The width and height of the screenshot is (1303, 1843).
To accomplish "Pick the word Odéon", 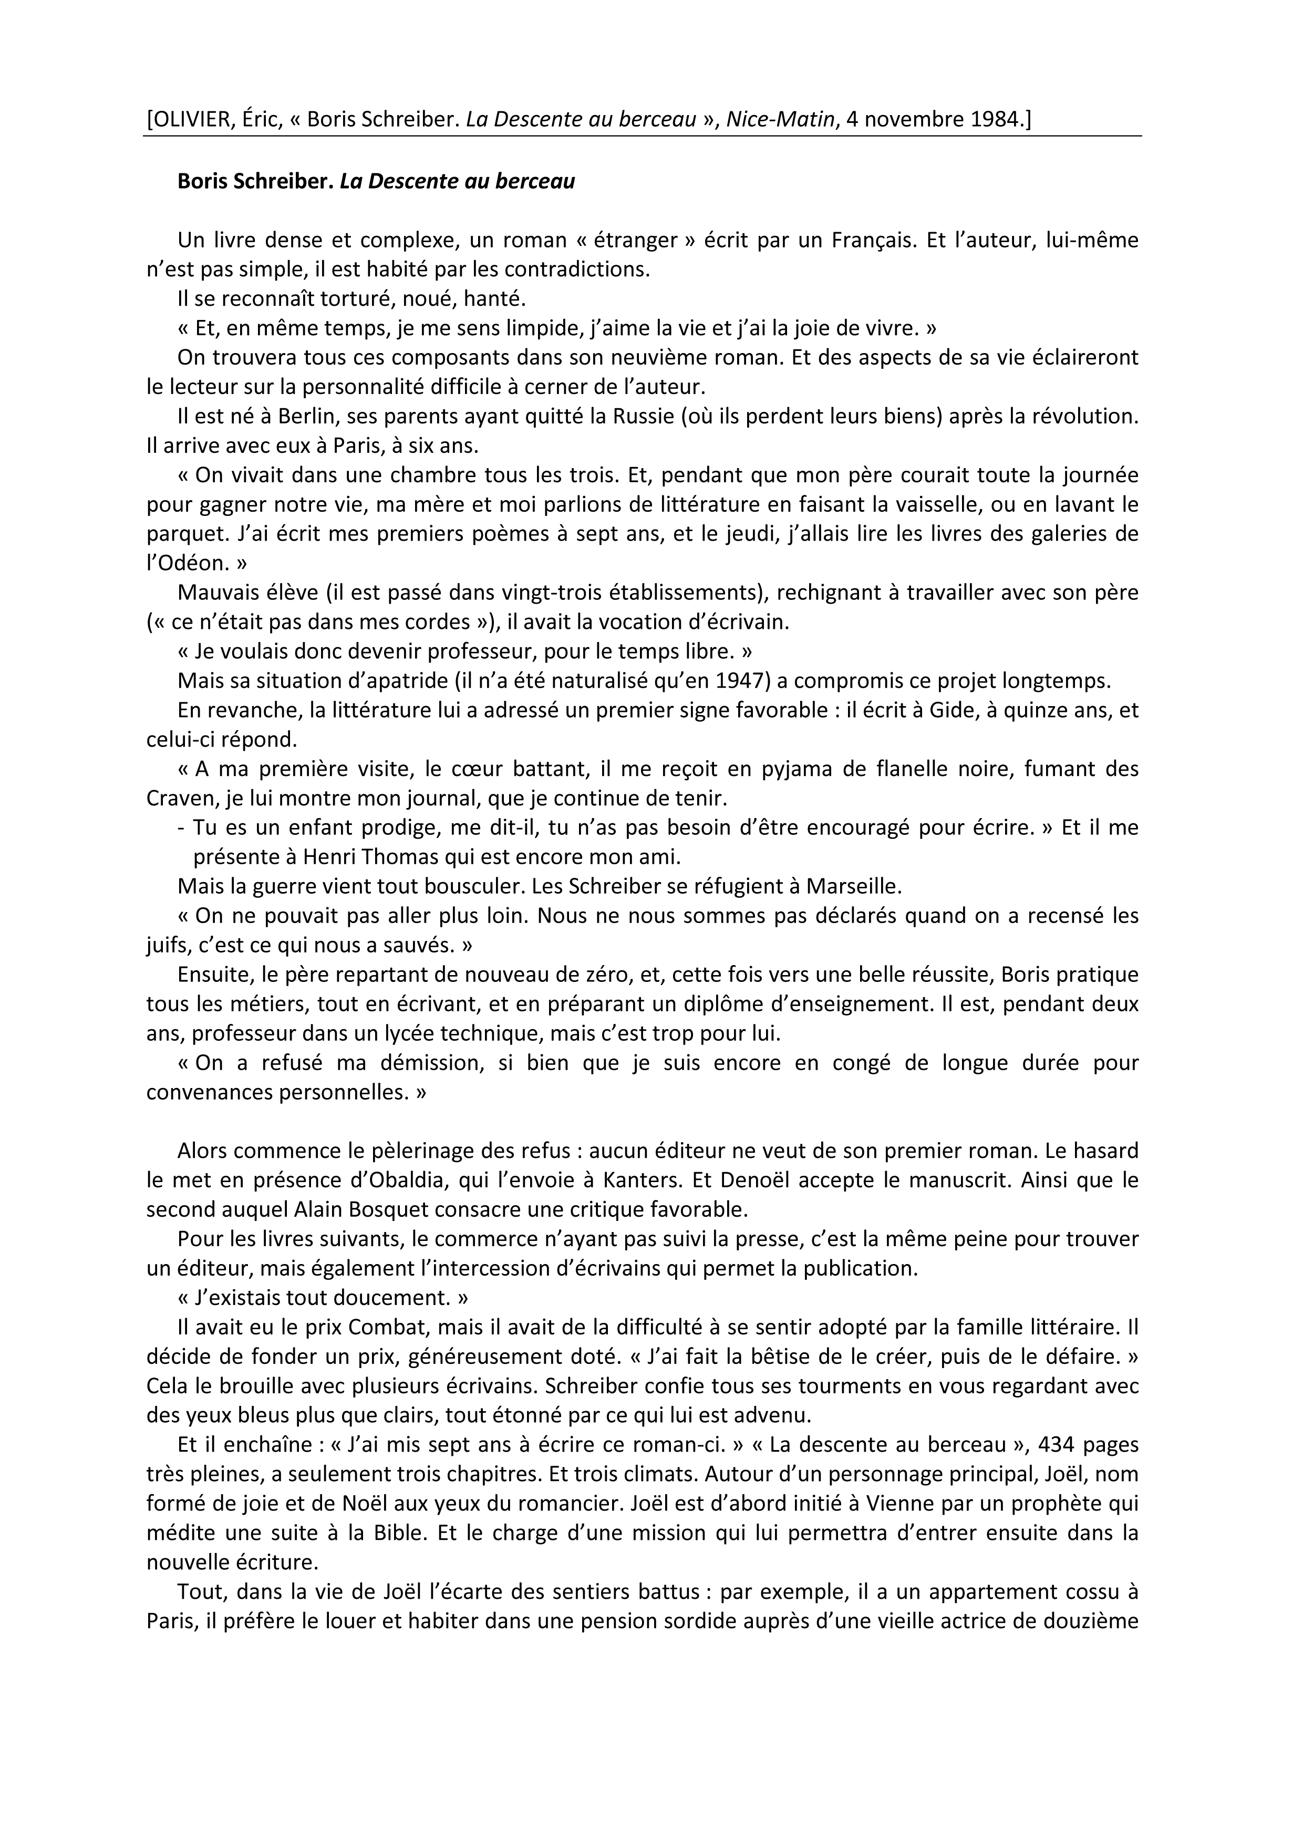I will tap(188, 564).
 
